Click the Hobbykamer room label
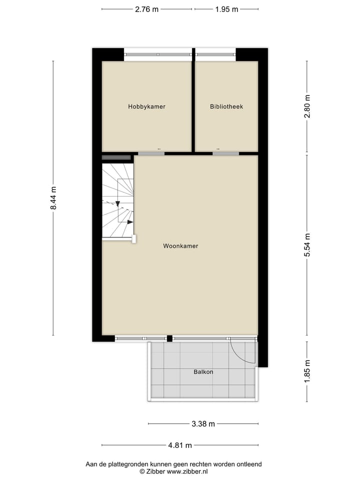tap(146, 106)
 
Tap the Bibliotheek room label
tap(226, 106)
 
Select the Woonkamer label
tap(180, 246)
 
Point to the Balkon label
tap(203, 372)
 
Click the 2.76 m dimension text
tap(146, 9)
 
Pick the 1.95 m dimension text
tap(226, 9)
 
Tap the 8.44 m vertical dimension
tap(53, 198)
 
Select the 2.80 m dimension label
tap(307, 106)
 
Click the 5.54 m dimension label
tap(307, 245)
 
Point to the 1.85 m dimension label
tap(307, 370)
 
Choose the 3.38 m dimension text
tap(203, 424)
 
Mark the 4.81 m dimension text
tap(180, 445)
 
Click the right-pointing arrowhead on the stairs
tap(130, 221)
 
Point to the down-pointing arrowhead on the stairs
tap(117, 204)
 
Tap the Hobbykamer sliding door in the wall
tap(151, 153)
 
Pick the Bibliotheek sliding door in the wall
tap(225, 153)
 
